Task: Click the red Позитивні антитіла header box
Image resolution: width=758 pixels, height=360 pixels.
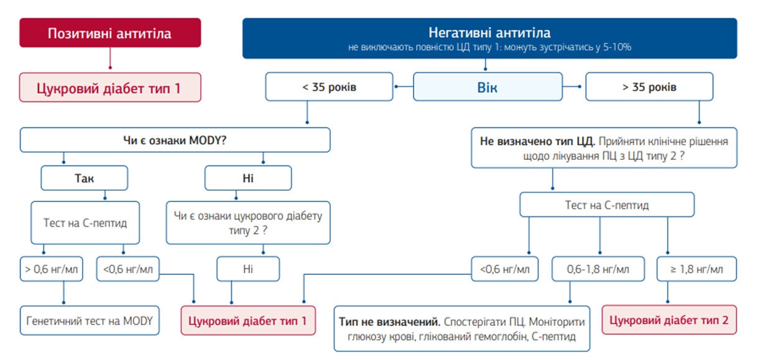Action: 110,32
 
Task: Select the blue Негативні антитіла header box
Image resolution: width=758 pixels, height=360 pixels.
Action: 489,38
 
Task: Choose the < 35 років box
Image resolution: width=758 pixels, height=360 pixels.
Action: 329,87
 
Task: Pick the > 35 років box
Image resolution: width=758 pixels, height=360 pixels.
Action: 649,87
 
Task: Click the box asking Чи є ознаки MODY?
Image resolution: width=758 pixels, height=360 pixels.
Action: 175,140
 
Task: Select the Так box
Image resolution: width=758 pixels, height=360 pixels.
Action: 84,178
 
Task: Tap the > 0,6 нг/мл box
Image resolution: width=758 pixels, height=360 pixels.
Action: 51,269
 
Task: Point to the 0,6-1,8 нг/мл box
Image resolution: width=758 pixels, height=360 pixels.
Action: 598,269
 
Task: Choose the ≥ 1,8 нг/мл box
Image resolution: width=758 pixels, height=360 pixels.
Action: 697,269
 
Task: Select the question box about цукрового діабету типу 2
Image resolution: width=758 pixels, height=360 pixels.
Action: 247,223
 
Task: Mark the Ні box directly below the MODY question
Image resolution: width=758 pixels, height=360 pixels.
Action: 247,178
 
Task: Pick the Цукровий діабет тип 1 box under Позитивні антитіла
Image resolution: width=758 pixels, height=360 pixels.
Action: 110,87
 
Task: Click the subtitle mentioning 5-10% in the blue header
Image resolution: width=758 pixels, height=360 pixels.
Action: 489,48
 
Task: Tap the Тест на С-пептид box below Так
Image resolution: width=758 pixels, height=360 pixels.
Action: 85,223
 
